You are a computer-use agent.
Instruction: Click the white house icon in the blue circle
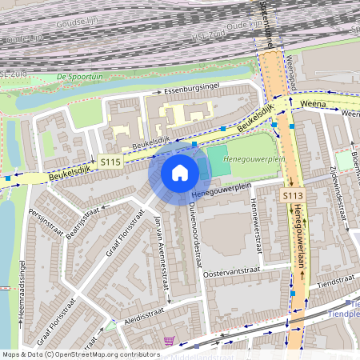click(180, 172)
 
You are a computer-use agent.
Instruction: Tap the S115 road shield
click(110, 162)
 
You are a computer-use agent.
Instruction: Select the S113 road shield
click(291, 195)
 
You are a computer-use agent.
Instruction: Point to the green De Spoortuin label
click(80, 77)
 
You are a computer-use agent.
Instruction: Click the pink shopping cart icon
click(169, 341)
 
